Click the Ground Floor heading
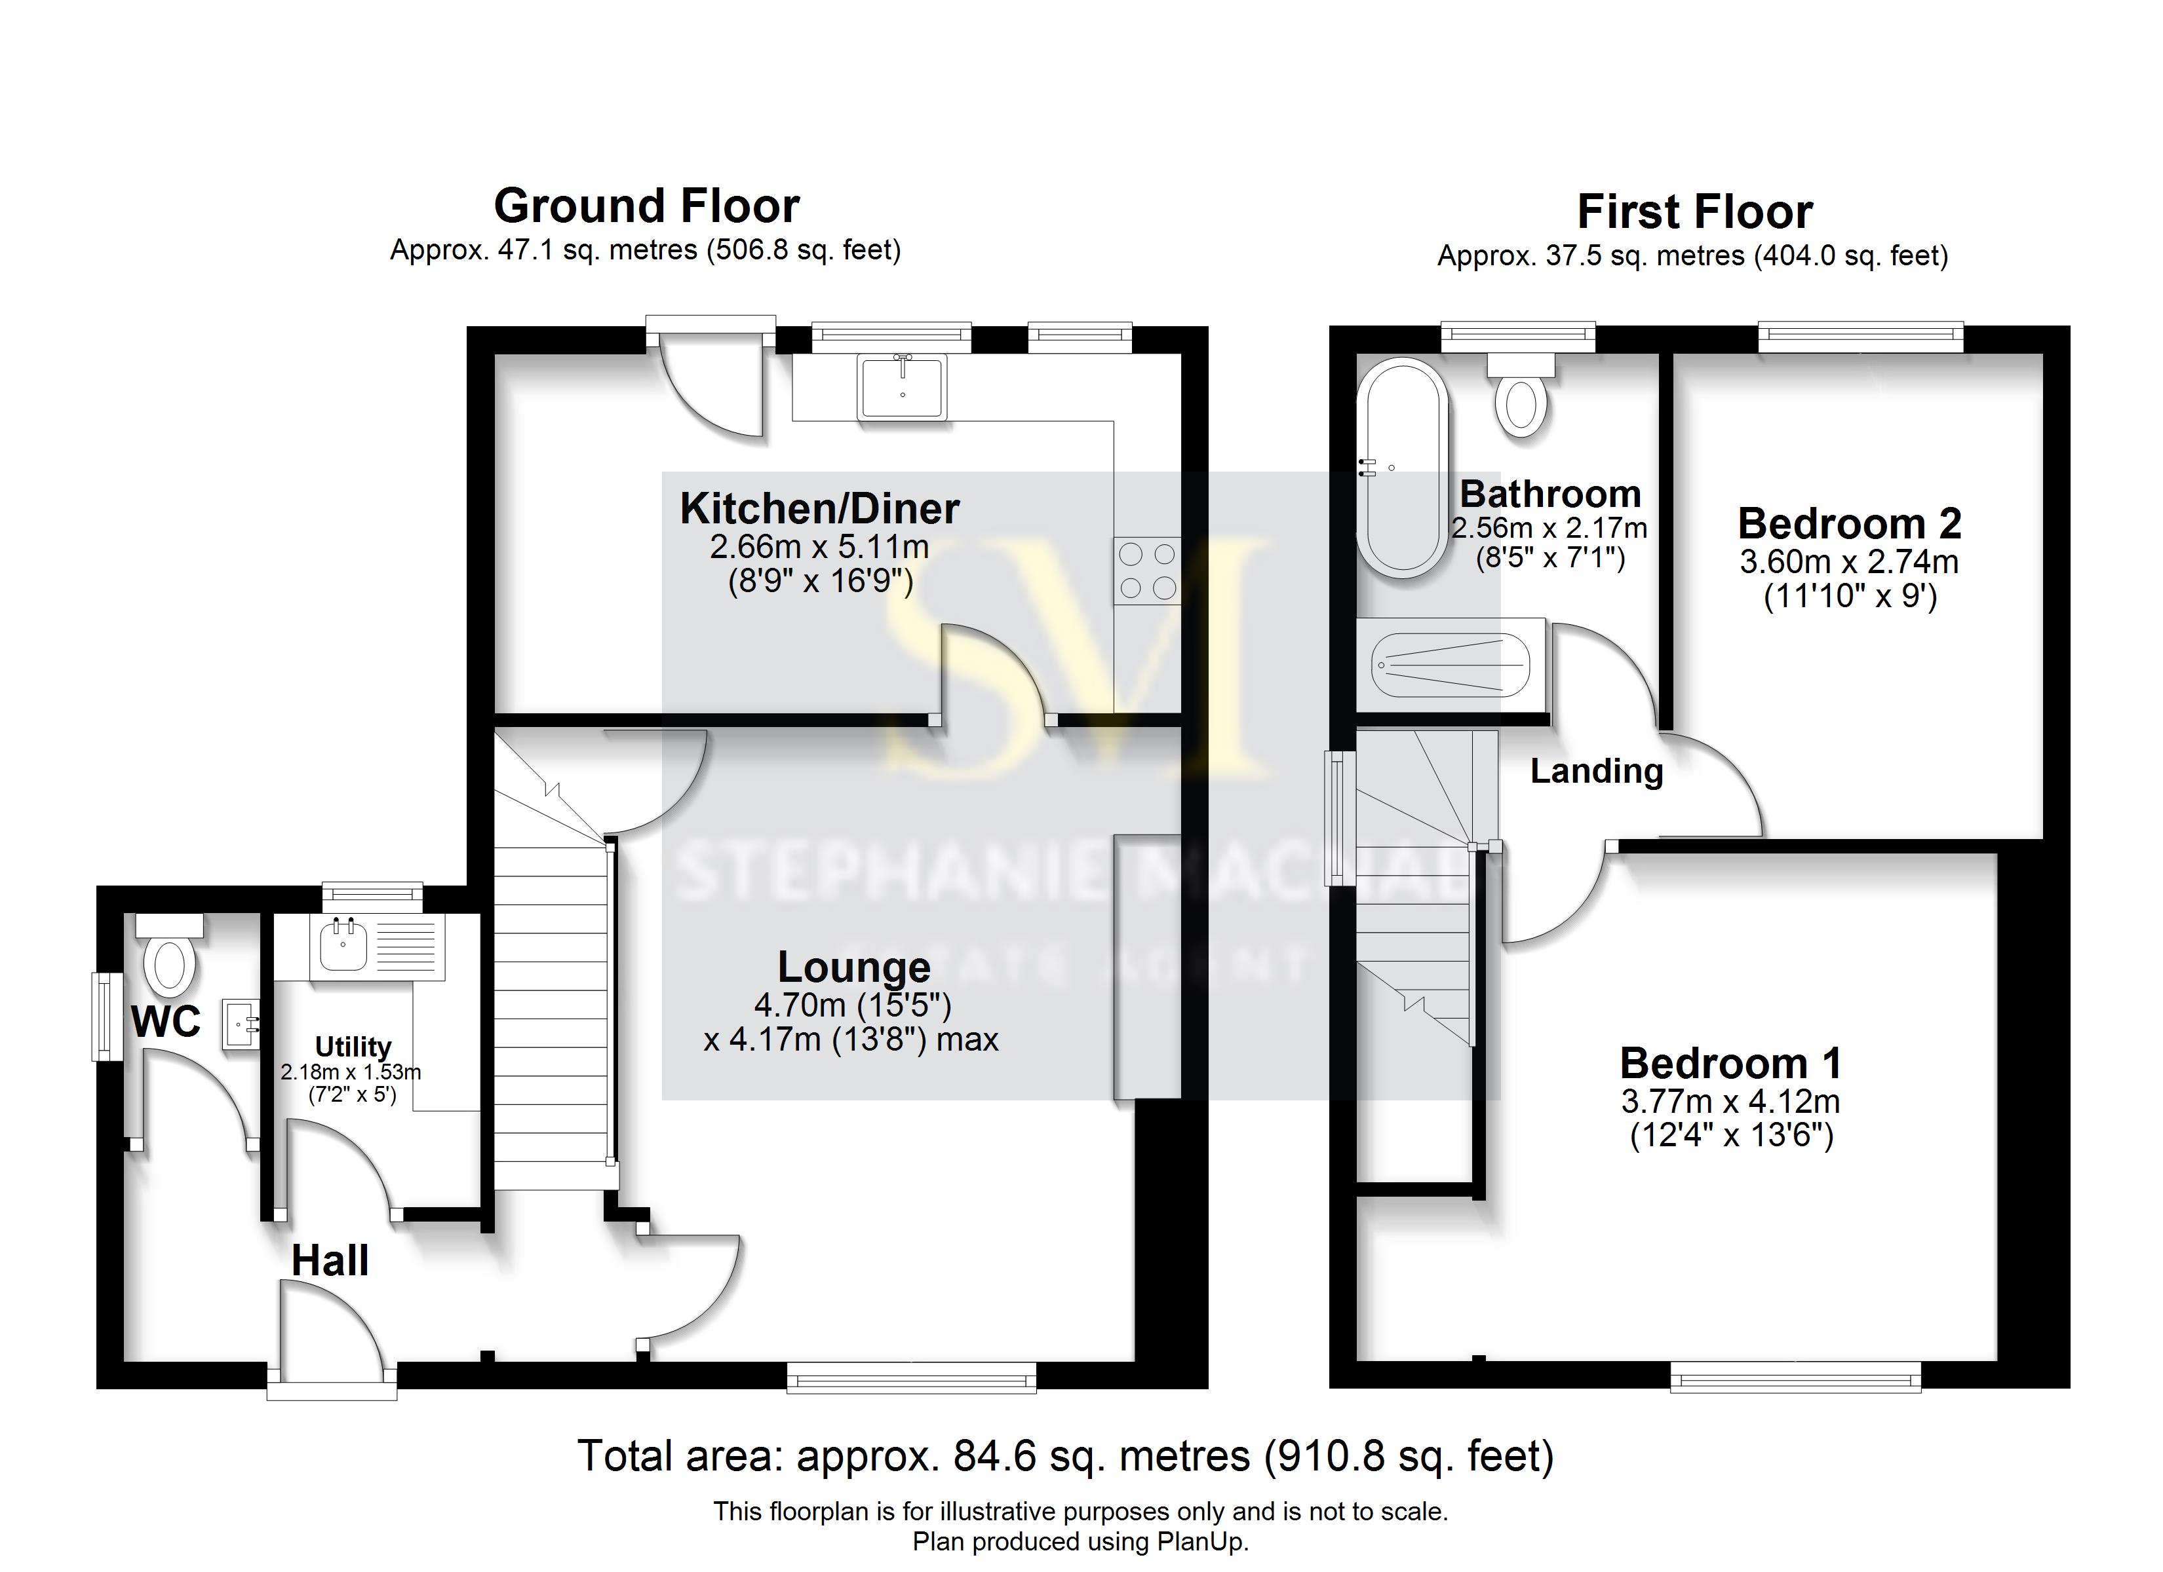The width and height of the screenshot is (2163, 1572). click(x=647, y=206)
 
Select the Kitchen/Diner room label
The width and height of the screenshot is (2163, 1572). click(x=819, y=508)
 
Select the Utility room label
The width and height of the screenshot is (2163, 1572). click(x=353, y=1047)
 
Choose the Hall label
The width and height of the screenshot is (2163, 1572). click(x=330, y=1262)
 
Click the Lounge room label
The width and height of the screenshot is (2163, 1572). click(x=853, y=967)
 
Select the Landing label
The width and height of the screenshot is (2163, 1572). click(x=1597, y=771)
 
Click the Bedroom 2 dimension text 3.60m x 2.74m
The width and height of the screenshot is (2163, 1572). click(x=1848, y=561)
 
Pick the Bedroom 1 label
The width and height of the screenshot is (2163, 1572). click(x=1730, y=1063)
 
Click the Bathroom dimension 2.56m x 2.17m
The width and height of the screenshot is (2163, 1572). click(x=1549, y=527)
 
